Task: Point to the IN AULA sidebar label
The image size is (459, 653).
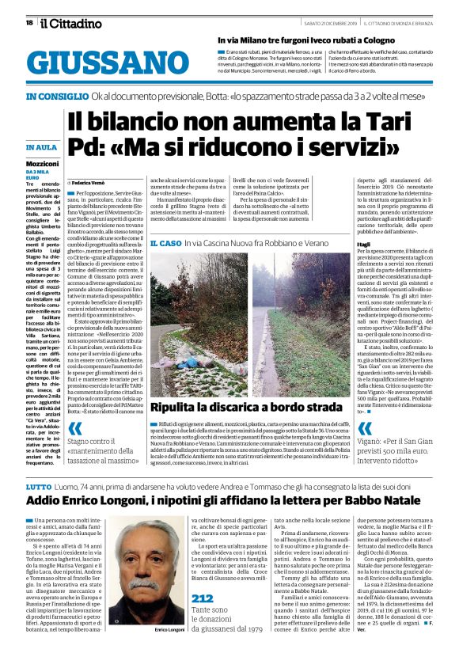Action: pos(40,147)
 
